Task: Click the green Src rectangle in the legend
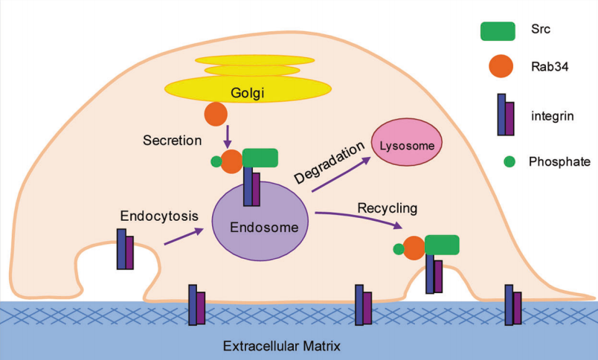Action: (x=498, y=30)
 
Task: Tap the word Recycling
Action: (x=387, y=205)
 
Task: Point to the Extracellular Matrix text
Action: (x=277, y=345)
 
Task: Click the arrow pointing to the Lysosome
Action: (x=343, y=174)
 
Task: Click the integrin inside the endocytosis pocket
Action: (x=125, y=248)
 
